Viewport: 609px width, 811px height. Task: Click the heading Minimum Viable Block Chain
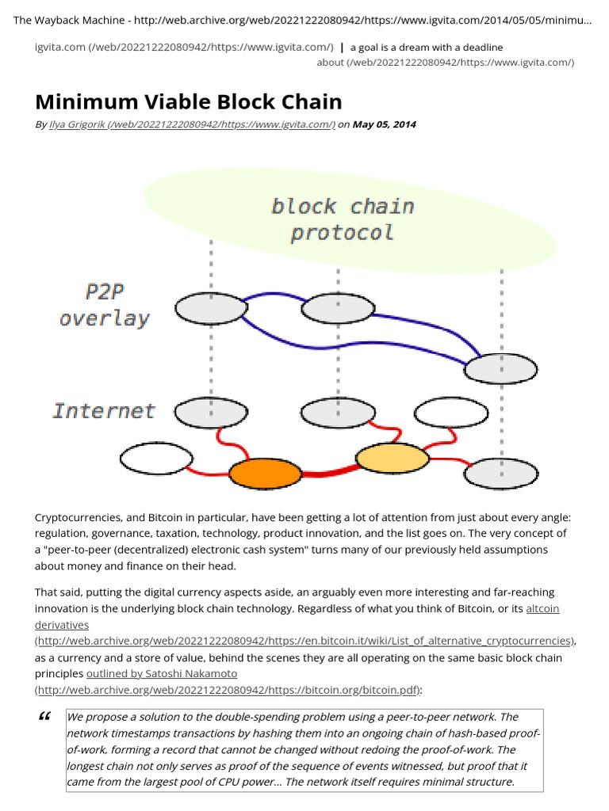click(189, 101)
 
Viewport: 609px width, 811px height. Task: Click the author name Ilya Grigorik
click(69, 124)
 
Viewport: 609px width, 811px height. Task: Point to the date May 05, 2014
click(384, 124)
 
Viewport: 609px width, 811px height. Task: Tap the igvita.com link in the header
click(59, 48)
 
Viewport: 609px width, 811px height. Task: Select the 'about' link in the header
click(330, 63)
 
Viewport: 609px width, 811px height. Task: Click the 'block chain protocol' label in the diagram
click(343, 219)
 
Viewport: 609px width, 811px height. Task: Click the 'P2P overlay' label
click(104, 305)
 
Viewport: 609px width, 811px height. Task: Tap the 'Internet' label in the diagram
click(104, 411)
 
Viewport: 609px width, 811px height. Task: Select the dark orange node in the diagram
click(265, 474)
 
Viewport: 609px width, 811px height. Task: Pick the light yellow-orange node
click(392, 459)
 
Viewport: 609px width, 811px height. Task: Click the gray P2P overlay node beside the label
click(210, 309)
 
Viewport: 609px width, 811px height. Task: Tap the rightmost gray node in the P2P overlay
click(500, 368)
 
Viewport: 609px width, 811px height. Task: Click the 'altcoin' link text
click(543, 609)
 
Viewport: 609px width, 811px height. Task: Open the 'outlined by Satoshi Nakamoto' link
click(161, 674)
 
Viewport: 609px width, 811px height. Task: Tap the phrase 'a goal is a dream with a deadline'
click(427, 48)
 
